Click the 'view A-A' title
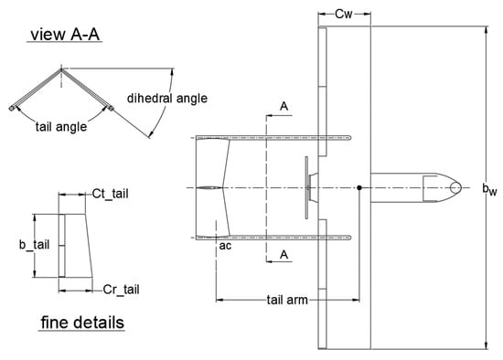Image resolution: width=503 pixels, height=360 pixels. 65,35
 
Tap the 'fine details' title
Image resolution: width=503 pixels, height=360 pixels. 82,323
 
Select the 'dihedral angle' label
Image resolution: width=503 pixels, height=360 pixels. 167,99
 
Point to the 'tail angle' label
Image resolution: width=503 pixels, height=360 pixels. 61,127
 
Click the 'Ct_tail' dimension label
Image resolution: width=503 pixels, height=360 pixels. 110,194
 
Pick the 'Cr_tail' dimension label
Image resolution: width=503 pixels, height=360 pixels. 122,290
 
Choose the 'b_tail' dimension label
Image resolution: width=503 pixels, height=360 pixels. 35,245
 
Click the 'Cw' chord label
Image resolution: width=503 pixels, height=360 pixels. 344,14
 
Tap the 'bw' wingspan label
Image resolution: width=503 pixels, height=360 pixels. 490,189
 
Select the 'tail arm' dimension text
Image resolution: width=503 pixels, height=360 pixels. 287,300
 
